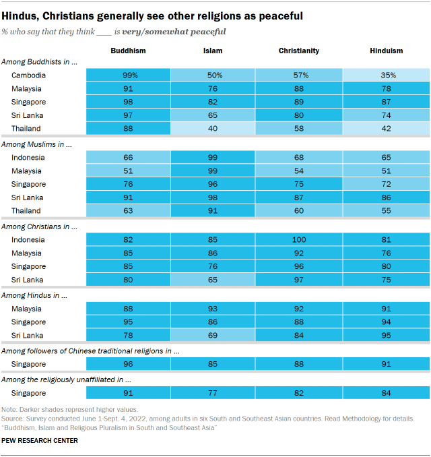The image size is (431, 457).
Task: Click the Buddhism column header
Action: point(128,51)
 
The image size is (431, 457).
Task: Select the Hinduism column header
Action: point(386,51)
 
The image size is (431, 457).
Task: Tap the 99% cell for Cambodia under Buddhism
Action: point(128,75)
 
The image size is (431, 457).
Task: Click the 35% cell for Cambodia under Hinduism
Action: point(386,75)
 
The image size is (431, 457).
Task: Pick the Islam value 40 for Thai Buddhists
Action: point(213,129)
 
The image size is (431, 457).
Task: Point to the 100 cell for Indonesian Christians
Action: point(298,239)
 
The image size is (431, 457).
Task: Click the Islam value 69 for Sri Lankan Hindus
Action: point(213,335)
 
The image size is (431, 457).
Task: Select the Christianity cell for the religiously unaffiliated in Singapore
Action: point(298,392)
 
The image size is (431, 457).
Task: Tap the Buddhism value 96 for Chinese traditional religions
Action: point(128,364)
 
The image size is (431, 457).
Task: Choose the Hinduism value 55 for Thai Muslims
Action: point(386,211)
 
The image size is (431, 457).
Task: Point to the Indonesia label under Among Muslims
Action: point(28,157)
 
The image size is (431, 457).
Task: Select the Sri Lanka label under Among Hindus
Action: point(27,335)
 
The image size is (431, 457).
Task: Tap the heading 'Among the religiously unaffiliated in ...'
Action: point(66,379)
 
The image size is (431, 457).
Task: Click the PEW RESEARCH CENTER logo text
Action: point(40,441)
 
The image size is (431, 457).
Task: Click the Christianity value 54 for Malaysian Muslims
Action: point(298,171)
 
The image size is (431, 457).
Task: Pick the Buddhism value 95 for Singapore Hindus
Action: point(128,322)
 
